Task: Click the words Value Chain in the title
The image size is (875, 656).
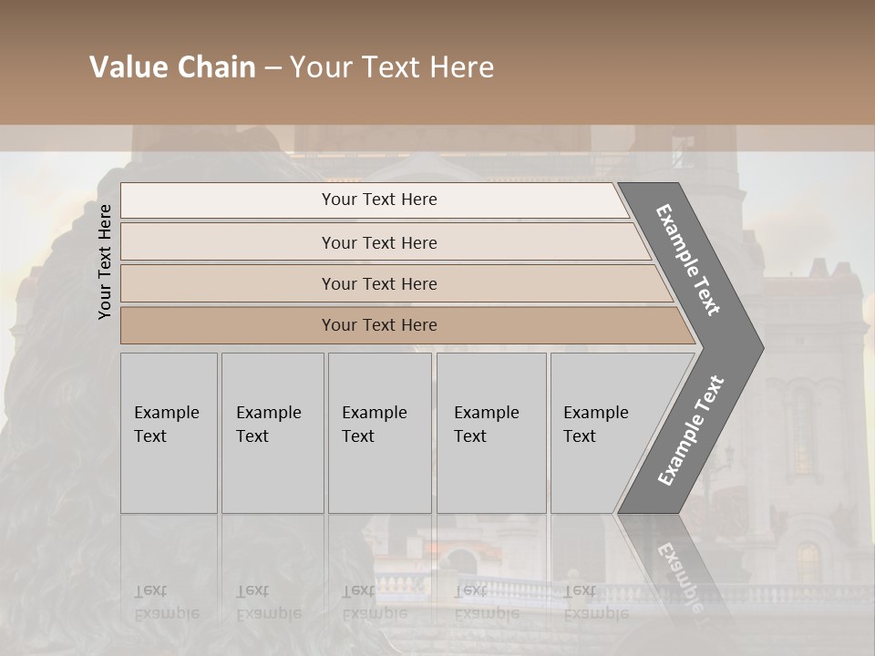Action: tap(172, 67)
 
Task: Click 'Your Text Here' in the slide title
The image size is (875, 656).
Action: tap(392, 67)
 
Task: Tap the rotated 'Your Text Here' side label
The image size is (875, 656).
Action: tap(105, 261)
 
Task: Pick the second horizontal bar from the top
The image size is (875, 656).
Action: tap(378, 242)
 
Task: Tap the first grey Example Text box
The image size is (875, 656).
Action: tap(169, 433)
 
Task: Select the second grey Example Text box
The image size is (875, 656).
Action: tap(272, 433)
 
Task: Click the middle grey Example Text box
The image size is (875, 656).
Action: tap(379, 433)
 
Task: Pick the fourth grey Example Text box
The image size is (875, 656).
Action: tap(490, 433)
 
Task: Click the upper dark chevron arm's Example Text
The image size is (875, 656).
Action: tap(689, 260)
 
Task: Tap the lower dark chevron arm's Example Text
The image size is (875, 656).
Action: tap(691, 431)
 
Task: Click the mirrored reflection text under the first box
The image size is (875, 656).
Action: tap(166, 602)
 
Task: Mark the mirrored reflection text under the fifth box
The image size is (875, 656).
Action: tap(595, 602)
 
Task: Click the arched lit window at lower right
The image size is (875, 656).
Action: tap(808, 562)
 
